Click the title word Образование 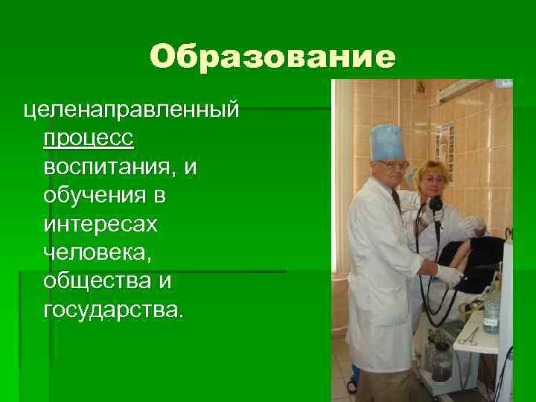pos(272,57)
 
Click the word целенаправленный pos(132,110)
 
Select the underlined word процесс pos(88,139)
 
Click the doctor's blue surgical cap pos(386,141)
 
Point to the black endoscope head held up pos(434,204)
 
